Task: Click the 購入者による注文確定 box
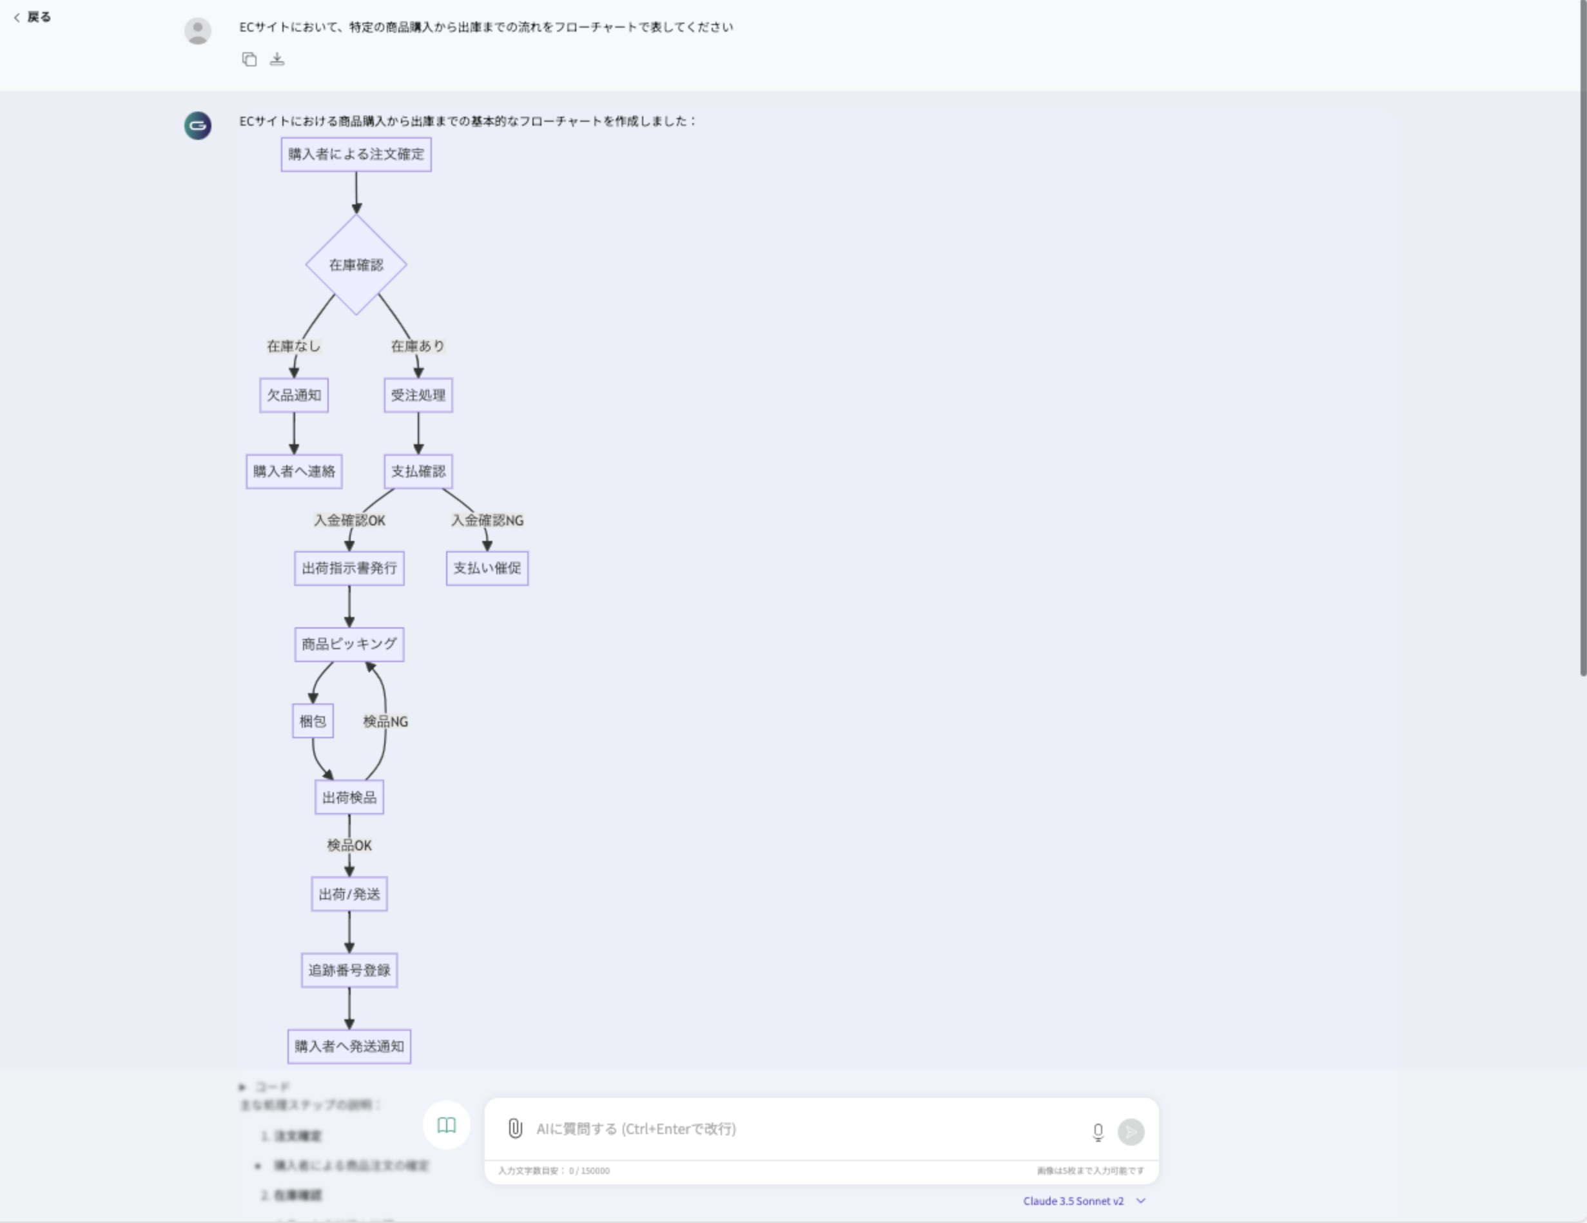pos(356,154)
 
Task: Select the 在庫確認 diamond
pos(356,264)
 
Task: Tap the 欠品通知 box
pos(293,395)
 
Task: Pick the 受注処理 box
pos(418,395)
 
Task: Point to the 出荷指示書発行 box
pos(349,568)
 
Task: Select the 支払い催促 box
pos(487,568)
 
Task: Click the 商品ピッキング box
pos(349,645)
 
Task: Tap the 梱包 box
pos(313,721)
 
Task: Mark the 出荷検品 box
pos(349,797)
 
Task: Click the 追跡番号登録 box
pos(349,970)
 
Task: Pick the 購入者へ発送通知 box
pos(349,1046)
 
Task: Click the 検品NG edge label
pos(385,721)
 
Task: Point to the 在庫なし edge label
pos(293,346)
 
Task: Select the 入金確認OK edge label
pos(349,520)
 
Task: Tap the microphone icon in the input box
pos(1098,1131)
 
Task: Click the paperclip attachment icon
pos(514,1128)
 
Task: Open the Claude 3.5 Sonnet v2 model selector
pos(1084,1201)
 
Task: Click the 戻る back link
pos(33,17)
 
